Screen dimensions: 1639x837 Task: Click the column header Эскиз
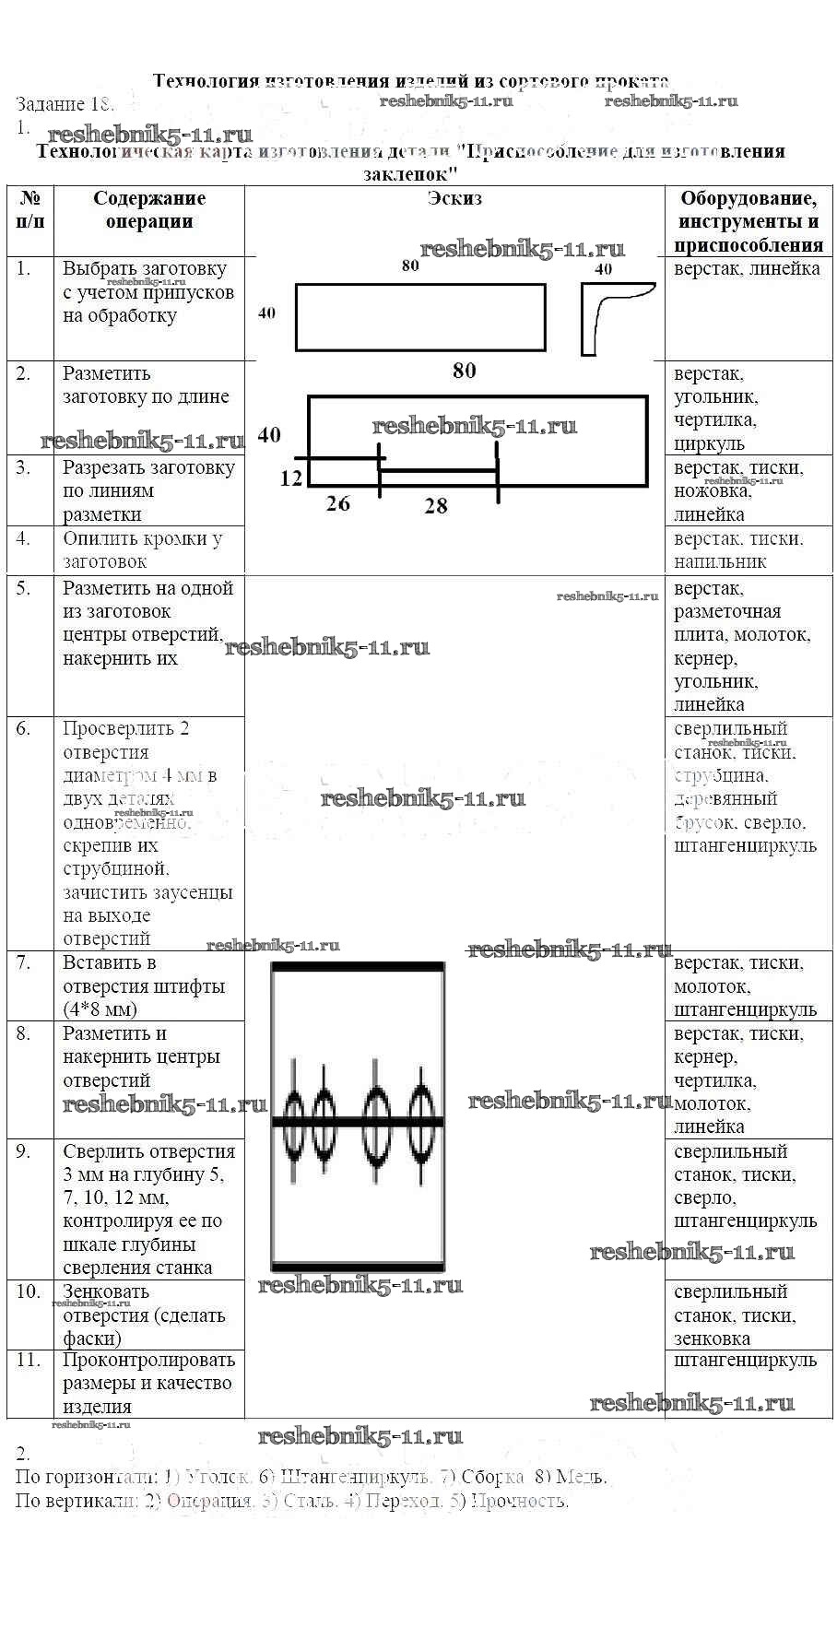coord(454,198)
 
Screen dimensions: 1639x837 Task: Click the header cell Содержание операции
coord(148,209)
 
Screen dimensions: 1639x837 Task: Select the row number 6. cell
coord(24,729)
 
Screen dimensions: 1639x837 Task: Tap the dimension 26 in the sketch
coord(338,503)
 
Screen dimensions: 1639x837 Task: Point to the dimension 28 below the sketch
coord(436,506)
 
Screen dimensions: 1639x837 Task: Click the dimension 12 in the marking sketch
coord(291,478)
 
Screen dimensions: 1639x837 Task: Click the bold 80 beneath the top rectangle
coord(464,371)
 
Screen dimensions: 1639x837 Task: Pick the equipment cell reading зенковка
coord(712,1338)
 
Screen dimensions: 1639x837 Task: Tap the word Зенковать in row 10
coord(106,1291)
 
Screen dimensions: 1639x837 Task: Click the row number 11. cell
coord(29,1360)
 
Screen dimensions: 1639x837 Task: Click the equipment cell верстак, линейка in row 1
coord(747,269)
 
